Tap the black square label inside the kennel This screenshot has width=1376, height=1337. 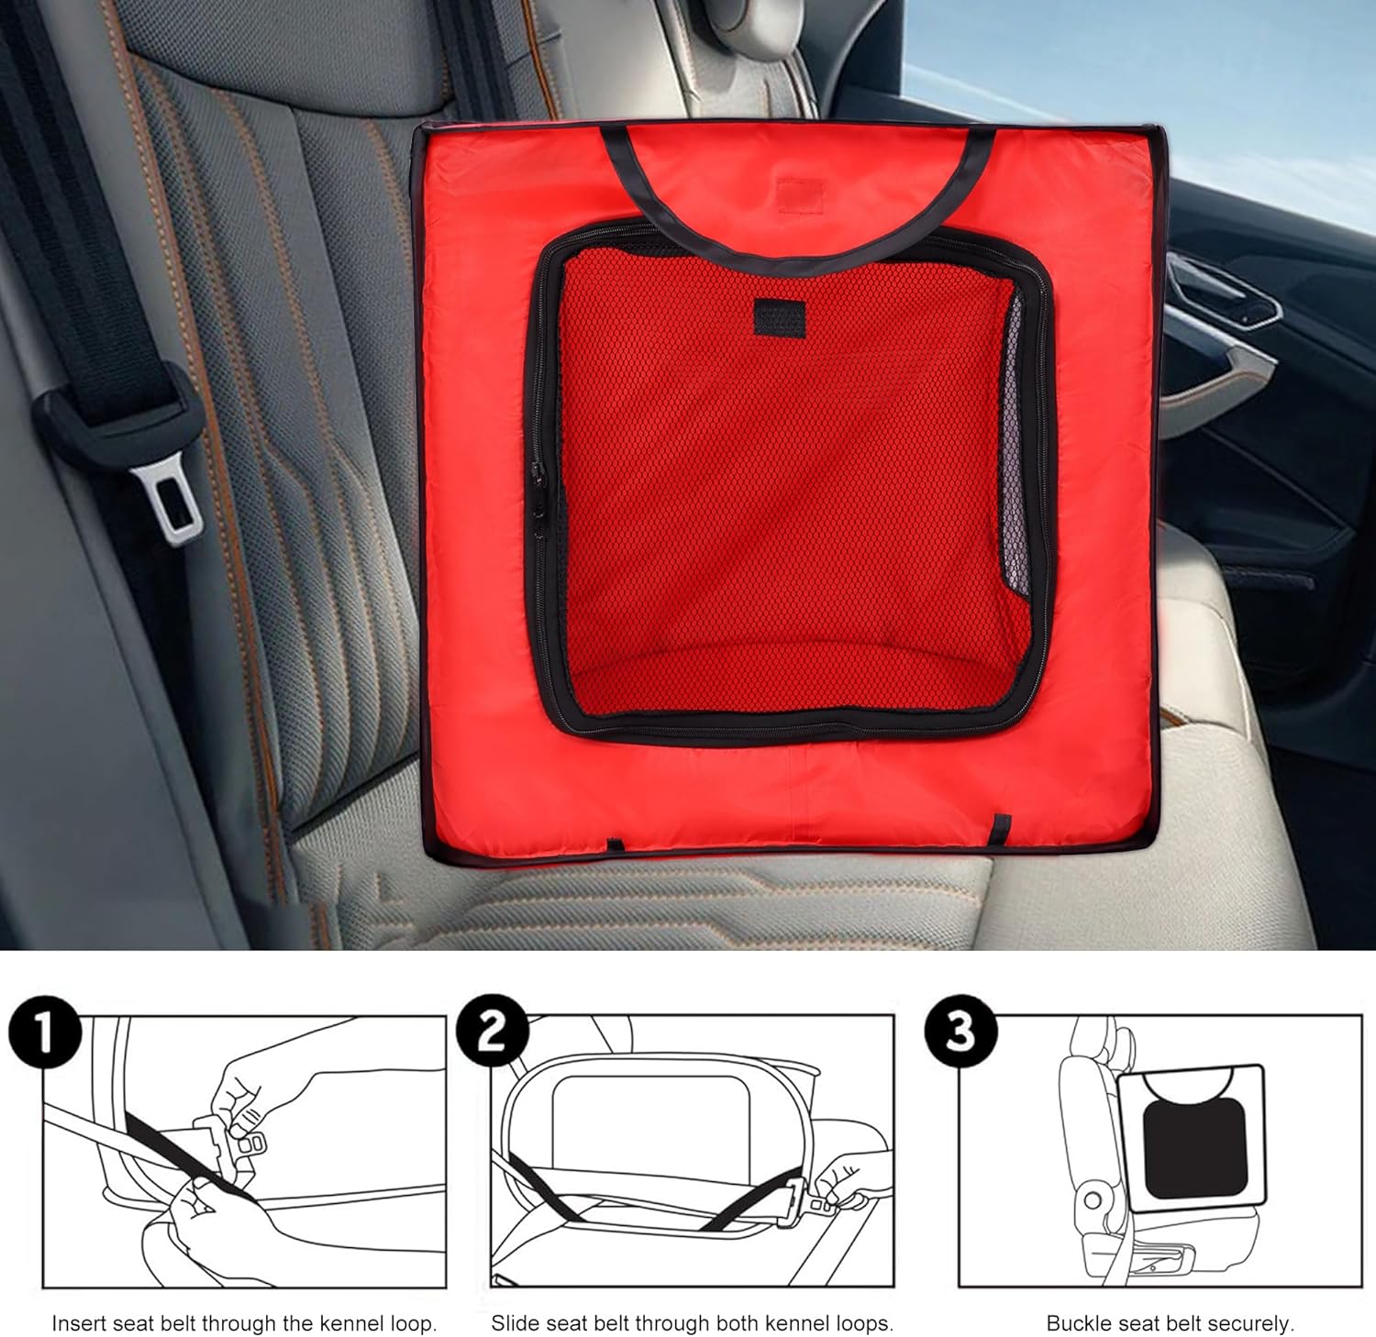[779, 316]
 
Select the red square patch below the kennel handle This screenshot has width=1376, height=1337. [801, 193]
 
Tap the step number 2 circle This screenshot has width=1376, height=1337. [494, 1033]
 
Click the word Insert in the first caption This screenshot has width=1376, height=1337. [80, 1323]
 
